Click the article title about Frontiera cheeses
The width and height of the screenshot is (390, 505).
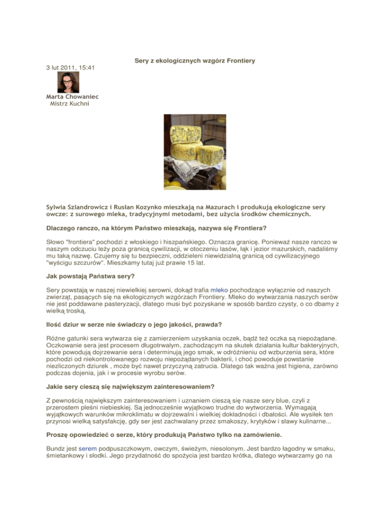pos(194,61)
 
